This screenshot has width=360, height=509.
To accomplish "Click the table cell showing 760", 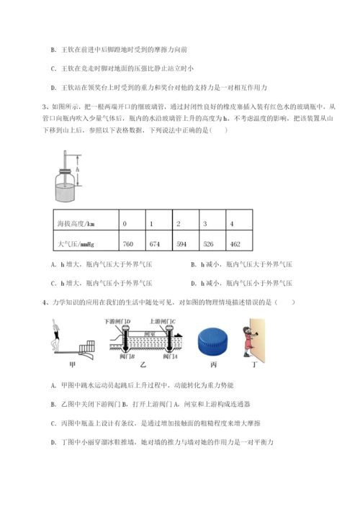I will (x=129, y=244).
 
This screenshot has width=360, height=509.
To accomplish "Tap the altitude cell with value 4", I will (x=232, y=224).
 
